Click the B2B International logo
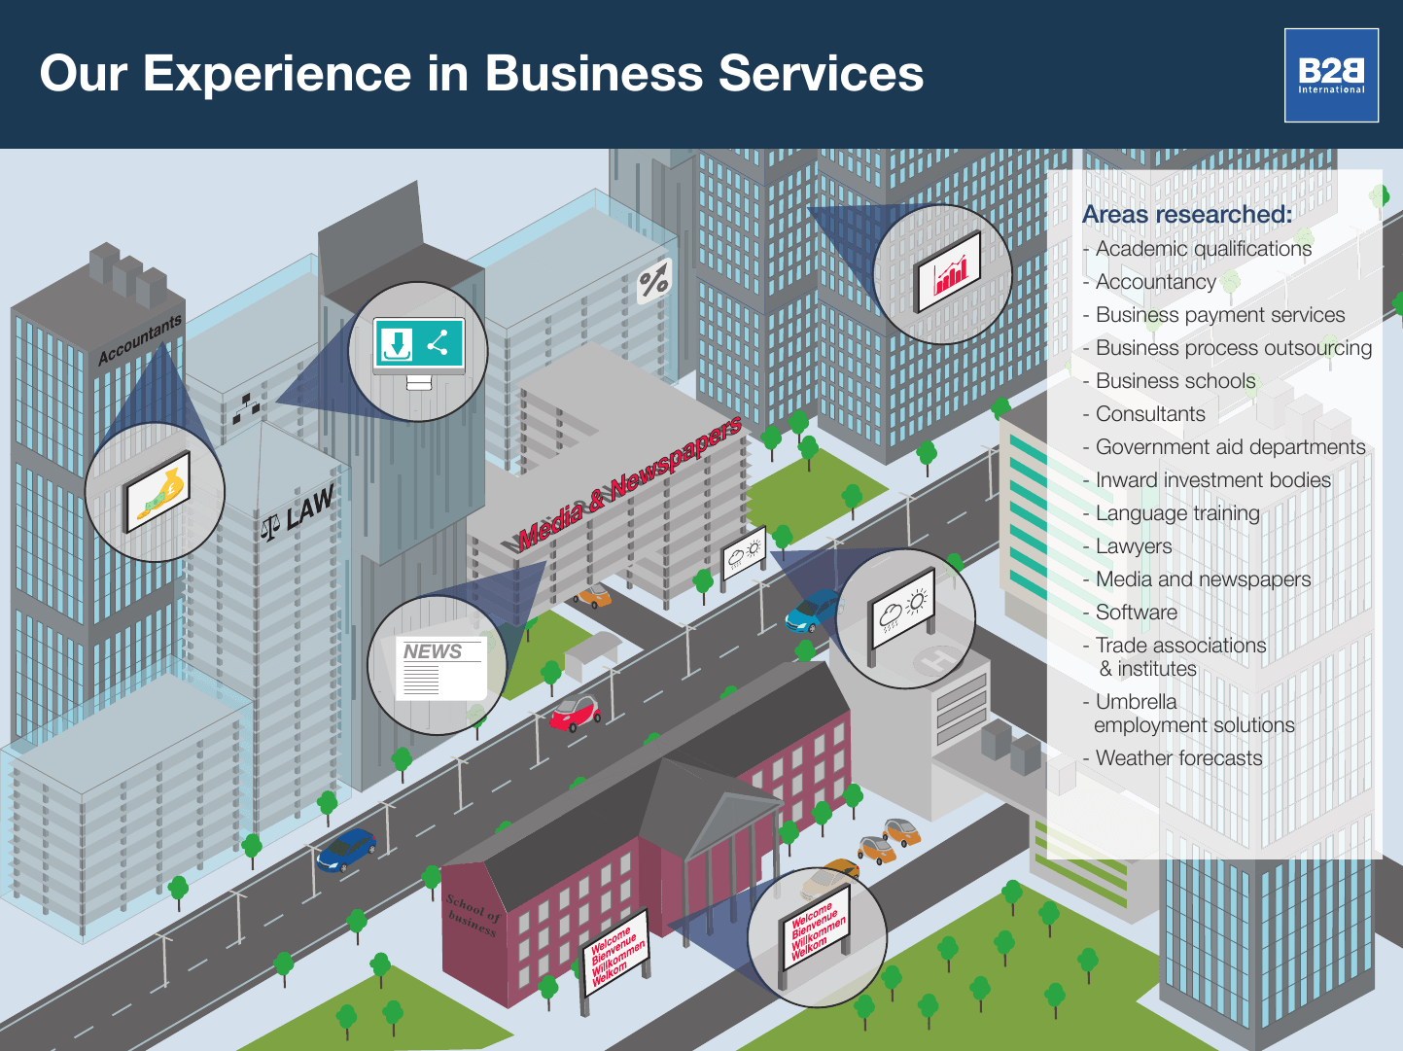[1331, 75]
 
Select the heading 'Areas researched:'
[1187, 214]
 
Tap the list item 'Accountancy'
[1155, 282]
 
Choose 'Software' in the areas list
[1136, 613]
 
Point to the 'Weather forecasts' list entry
[1178, 758]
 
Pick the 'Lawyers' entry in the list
[1133, 546]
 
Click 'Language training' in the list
[1176, 513]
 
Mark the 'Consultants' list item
[1149, 414]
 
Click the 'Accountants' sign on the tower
[140, 339]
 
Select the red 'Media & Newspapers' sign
[629, 483]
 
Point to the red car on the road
[574, 714]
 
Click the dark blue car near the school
[346, 850]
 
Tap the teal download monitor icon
[419, 346]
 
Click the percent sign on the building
[653, 281]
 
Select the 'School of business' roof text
[474, 915]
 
